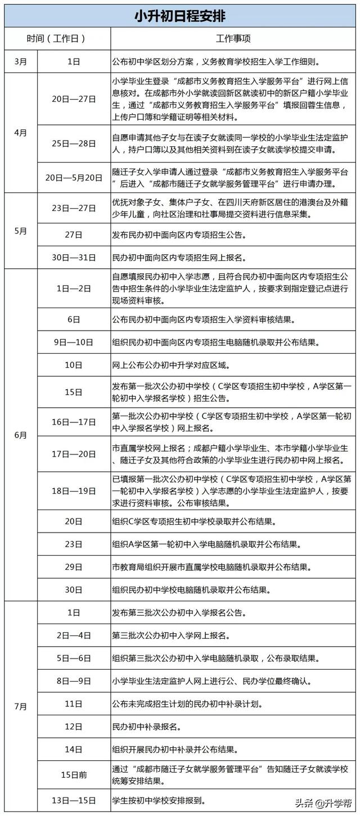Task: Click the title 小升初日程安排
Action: coord(179,16)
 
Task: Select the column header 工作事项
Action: coord(233,39)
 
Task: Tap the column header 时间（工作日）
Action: coord(56,39)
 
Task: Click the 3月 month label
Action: coord(20,61)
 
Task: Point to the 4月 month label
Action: coord(20,132)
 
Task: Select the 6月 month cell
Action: coord(20,435)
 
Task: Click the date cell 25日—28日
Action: coord(74,143)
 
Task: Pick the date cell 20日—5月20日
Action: coord(74,177)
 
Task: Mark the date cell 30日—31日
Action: coord(74,258)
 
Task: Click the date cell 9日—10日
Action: coord(74,342)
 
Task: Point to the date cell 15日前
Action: coord(74,774)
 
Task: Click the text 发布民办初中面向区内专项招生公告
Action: coord(178,235)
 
